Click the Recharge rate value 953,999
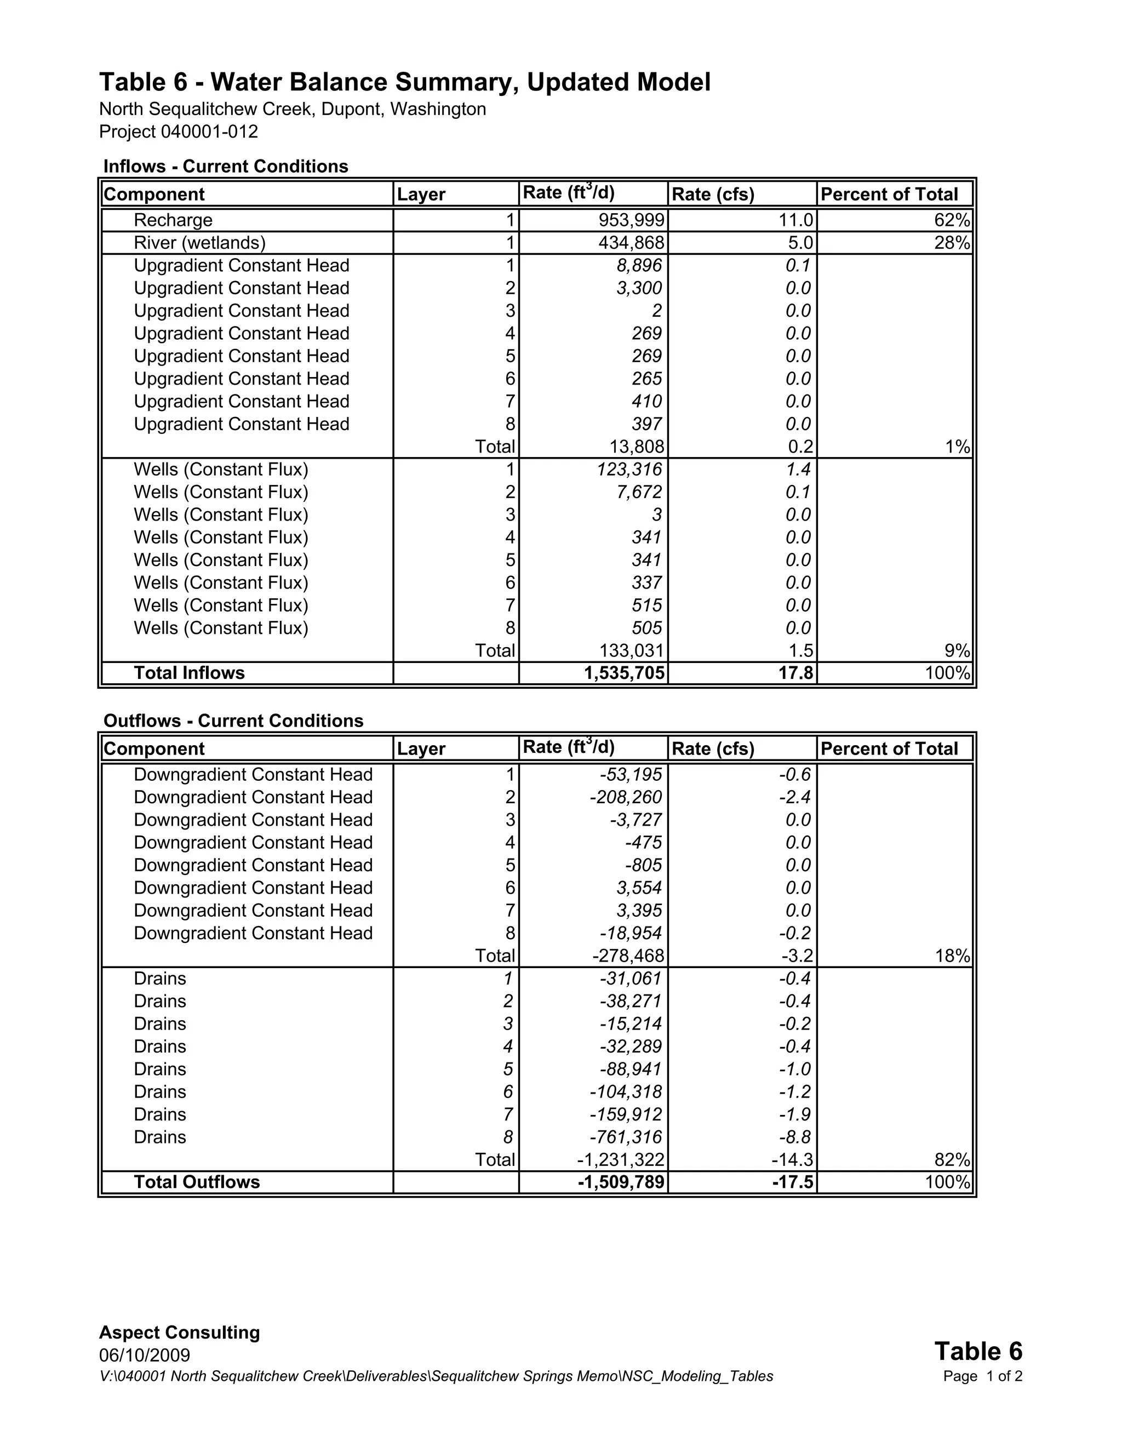(631, 220)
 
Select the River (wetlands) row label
(199, 243)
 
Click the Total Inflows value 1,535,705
(624, 673)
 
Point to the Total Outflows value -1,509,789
(621, 1182)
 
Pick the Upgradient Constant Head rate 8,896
(639, 265)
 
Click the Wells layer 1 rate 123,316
(629, 470)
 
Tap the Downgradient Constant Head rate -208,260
(626, 797)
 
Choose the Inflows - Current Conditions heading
(226, 166)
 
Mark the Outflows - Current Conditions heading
(233, 721)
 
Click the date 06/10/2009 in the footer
(144, 1356)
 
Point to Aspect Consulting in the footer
(180, 1333)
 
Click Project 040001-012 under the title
(178, 132)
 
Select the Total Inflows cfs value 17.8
(795, 673)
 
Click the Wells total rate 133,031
(636, 650)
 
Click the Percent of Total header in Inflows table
(889, 194)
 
